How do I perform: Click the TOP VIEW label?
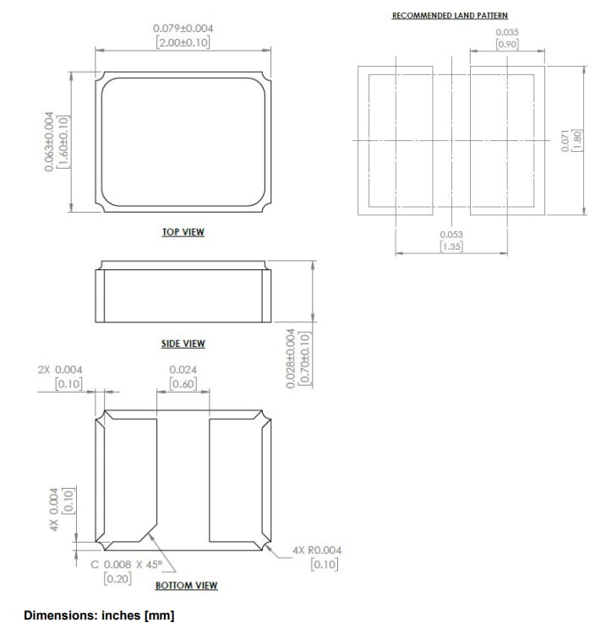tap(183, 232)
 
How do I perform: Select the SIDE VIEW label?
tap(183, 344)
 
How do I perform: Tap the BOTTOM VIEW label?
tap(186, 585)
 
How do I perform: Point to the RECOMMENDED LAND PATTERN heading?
tap(450, 16)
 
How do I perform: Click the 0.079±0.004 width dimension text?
tap(183, 30)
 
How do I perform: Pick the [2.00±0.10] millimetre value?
tap(183, 42)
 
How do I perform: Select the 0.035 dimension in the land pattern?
tap(507, 32)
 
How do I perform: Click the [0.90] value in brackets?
tap(507, 44)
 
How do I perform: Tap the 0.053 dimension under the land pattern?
tap(451, 234)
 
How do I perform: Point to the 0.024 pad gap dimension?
tap(183, 370)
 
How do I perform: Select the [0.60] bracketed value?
tap(183, 384)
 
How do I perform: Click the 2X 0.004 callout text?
tap(61, 370)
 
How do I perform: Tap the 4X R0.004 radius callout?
tap(317, 550)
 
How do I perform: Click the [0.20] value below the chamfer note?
tap(117, 578)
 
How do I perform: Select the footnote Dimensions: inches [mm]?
tap(99, 615)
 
